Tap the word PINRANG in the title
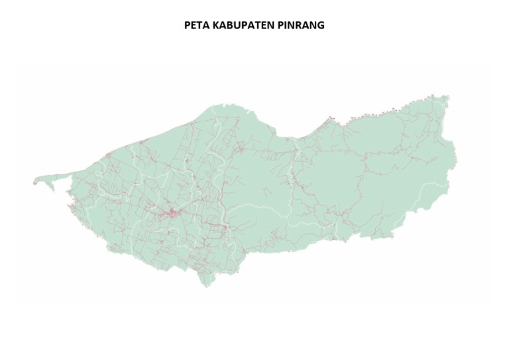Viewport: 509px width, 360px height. point(302,25)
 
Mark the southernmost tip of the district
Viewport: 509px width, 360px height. point(207,286)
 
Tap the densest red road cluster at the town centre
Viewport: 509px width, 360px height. point(172,213)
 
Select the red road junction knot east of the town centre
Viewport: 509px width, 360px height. point(226,227)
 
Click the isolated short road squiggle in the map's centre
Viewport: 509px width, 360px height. point(265,192)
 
